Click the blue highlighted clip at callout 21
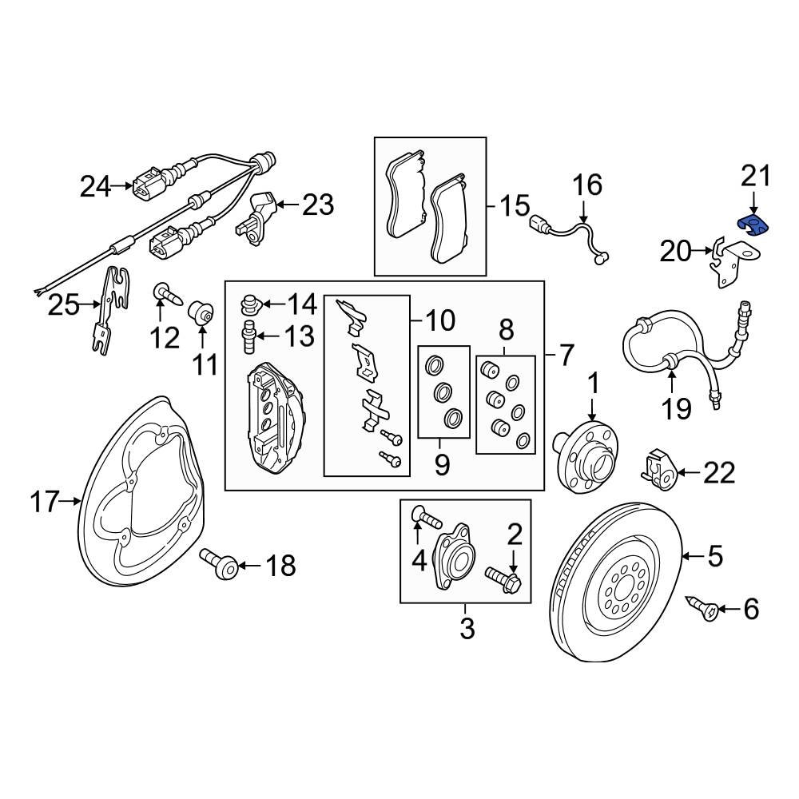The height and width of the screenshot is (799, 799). point(753,226)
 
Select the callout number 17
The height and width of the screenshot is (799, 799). point(45,502)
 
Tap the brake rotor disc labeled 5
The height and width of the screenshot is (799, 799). point(616,582)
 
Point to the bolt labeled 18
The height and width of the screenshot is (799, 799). point(219,563)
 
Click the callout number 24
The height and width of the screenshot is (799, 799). point(95,186)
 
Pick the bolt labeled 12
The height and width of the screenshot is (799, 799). point(167,293)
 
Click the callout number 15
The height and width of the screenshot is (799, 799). point(514,206)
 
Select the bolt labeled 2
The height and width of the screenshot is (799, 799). point(503,579)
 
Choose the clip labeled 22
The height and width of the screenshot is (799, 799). point(658,470)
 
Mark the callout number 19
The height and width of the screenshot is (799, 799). point(676,408)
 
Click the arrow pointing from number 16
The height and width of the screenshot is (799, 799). point(584,210)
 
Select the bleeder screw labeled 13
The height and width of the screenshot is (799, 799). point(249,337)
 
